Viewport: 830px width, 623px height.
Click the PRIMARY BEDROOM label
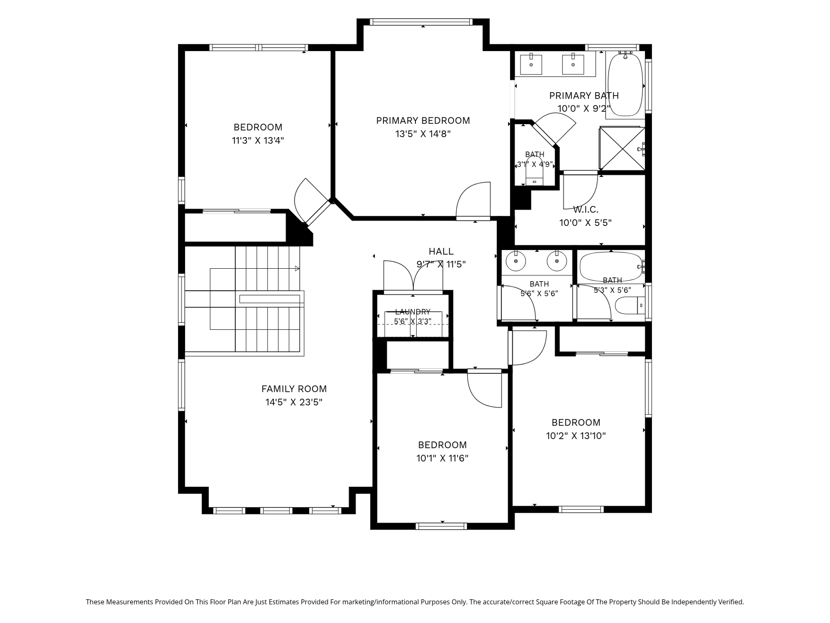423,121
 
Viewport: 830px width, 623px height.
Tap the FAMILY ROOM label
294,389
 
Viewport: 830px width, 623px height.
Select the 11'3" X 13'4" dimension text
258,141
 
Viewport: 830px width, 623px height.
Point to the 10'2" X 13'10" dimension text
576,436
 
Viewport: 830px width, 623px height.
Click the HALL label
441,251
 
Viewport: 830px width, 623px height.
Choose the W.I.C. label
586,210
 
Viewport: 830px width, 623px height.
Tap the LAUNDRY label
412,311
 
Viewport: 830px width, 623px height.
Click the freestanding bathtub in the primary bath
625,85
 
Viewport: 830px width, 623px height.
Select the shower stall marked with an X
622,148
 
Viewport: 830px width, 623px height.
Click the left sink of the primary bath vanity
531,64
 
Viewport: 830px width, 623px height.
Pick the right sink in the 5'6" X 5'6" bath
557,261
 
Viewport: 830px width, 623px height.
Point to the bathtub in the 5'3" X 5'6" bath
611,267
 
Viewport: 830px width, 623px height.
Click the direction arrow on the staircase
297,269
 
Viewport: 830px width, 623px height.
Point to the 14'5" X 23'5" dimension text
294,402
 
